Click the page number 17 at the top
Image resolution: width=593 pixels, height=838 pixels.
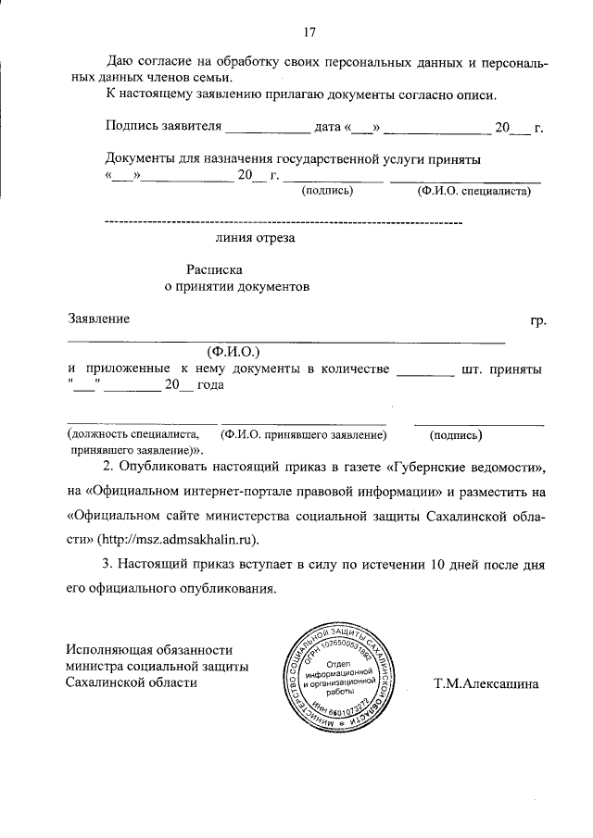pyautogui.click(x=309, y=34)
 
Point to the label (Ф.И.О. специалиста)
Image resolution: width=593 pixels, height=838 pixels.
pyautogui.click(x=473, y=192)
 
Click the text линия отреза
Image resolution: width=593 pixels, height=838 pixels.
pyautogui.click(x=255, y=238)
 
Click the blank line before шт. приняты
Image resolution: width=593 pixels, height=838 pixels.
pyautogui.click(x=425, y=371)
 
